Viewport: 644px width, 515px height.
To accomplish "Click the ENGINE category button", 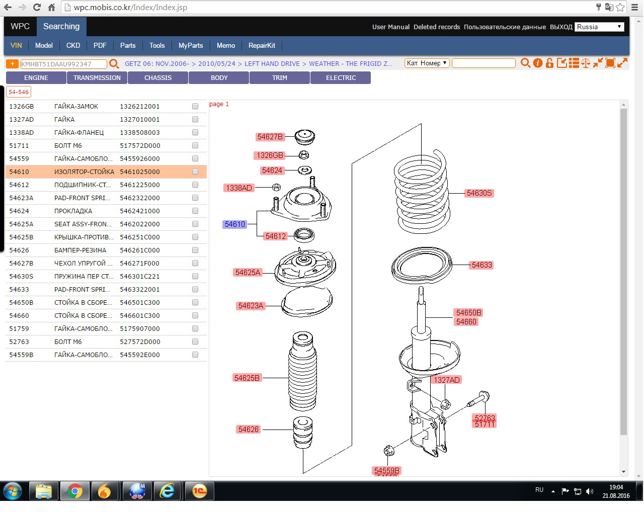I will click(x=36, y=78).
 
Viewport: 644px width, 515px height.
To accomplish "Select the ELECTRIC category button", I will click(x=341, y=78).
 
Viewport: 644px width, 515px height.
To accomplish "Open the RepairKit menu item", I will click(x=262, y=45).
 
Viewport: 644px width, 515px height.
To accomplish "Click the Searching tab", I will click(x=61, y=27).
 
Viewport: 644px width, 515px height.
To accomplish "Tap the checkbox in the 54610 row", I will click(x=195, y=171).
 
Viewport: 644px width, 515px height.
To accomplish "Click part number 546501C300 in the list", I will click(x=140, y=302).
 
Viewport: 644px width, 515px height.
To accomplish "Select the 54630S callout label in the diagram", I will click(x=479, y=193).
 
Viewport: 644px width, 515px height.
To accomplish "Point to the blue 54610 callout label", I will click(x=235, y=224).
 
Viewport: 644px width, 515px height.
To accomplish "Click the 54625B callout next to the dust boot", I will click(x=247, y=378).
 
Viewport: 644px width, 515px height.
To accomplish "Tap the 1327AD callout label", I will click(x=447, y=380).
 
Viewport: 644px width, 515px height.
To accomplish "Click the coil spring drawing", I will click(x=422, y=191).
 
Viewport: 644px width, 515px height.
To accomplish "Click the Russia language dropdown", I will click(x=600, y=27).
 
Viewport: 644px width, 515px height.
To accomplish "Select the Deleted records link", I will click(x=437, y=27).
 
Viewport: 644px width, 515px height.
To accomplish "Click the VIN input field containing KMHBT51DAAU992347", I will click(x=63, y=64).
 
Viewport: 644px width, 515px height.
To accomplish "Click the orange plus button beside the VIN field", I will click(x=12, y=64).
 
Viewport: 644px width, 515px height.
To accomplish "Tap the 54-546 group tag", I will click(x=19, y=92).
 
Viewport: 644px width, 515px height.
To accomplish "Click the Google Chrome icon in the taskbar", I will click(x=75, y=491).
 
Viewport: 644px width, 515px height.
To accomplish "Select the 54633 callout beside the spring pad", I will click(x=481, y=265).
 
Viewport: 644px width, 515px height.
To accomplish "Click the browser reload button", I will click(x=37, y=8).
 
